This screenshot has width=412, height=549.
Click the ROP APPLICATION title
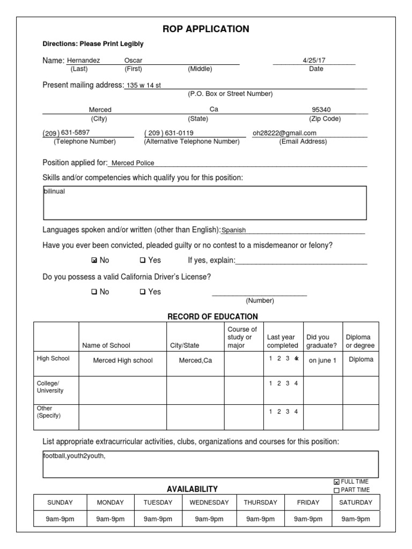[x=205, y=29]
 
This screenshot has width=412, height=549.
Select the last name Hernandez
[x=83, y=61]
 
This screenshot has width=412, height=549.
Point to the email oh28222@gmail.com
[x=284, y=133]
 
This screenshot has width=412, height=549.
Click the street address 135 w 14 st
[x=143, y=85]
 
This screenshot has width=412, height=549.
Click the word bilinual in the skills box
[x=54, y=191]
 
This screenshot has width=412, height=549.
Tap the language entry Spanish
[x=233, y=230]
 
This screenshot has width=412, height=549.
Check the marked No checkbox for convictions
[x=94, y=261]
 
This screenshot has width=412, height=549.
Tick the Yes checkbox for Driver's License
[x=143, y=292]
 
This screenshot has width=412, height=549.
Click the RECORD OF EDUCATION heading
[x=212, y=317]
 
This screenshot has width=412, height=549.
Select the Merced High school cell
[x=123, y=360]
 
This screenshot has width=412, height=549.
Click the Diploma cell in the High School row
[x=360, y=359]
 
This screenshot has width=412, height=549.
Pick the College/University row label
[x=50, y=387]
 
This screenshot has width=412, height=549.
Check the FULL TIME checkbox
[x=336, y=482]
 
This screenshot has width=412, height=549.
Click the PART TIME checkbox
[x=336, y=490]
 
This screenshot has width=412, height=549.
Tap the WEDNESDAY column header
[x=209, y=502]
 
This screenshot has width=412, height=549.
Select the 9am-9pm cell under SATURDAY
[x=355, y=519]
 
